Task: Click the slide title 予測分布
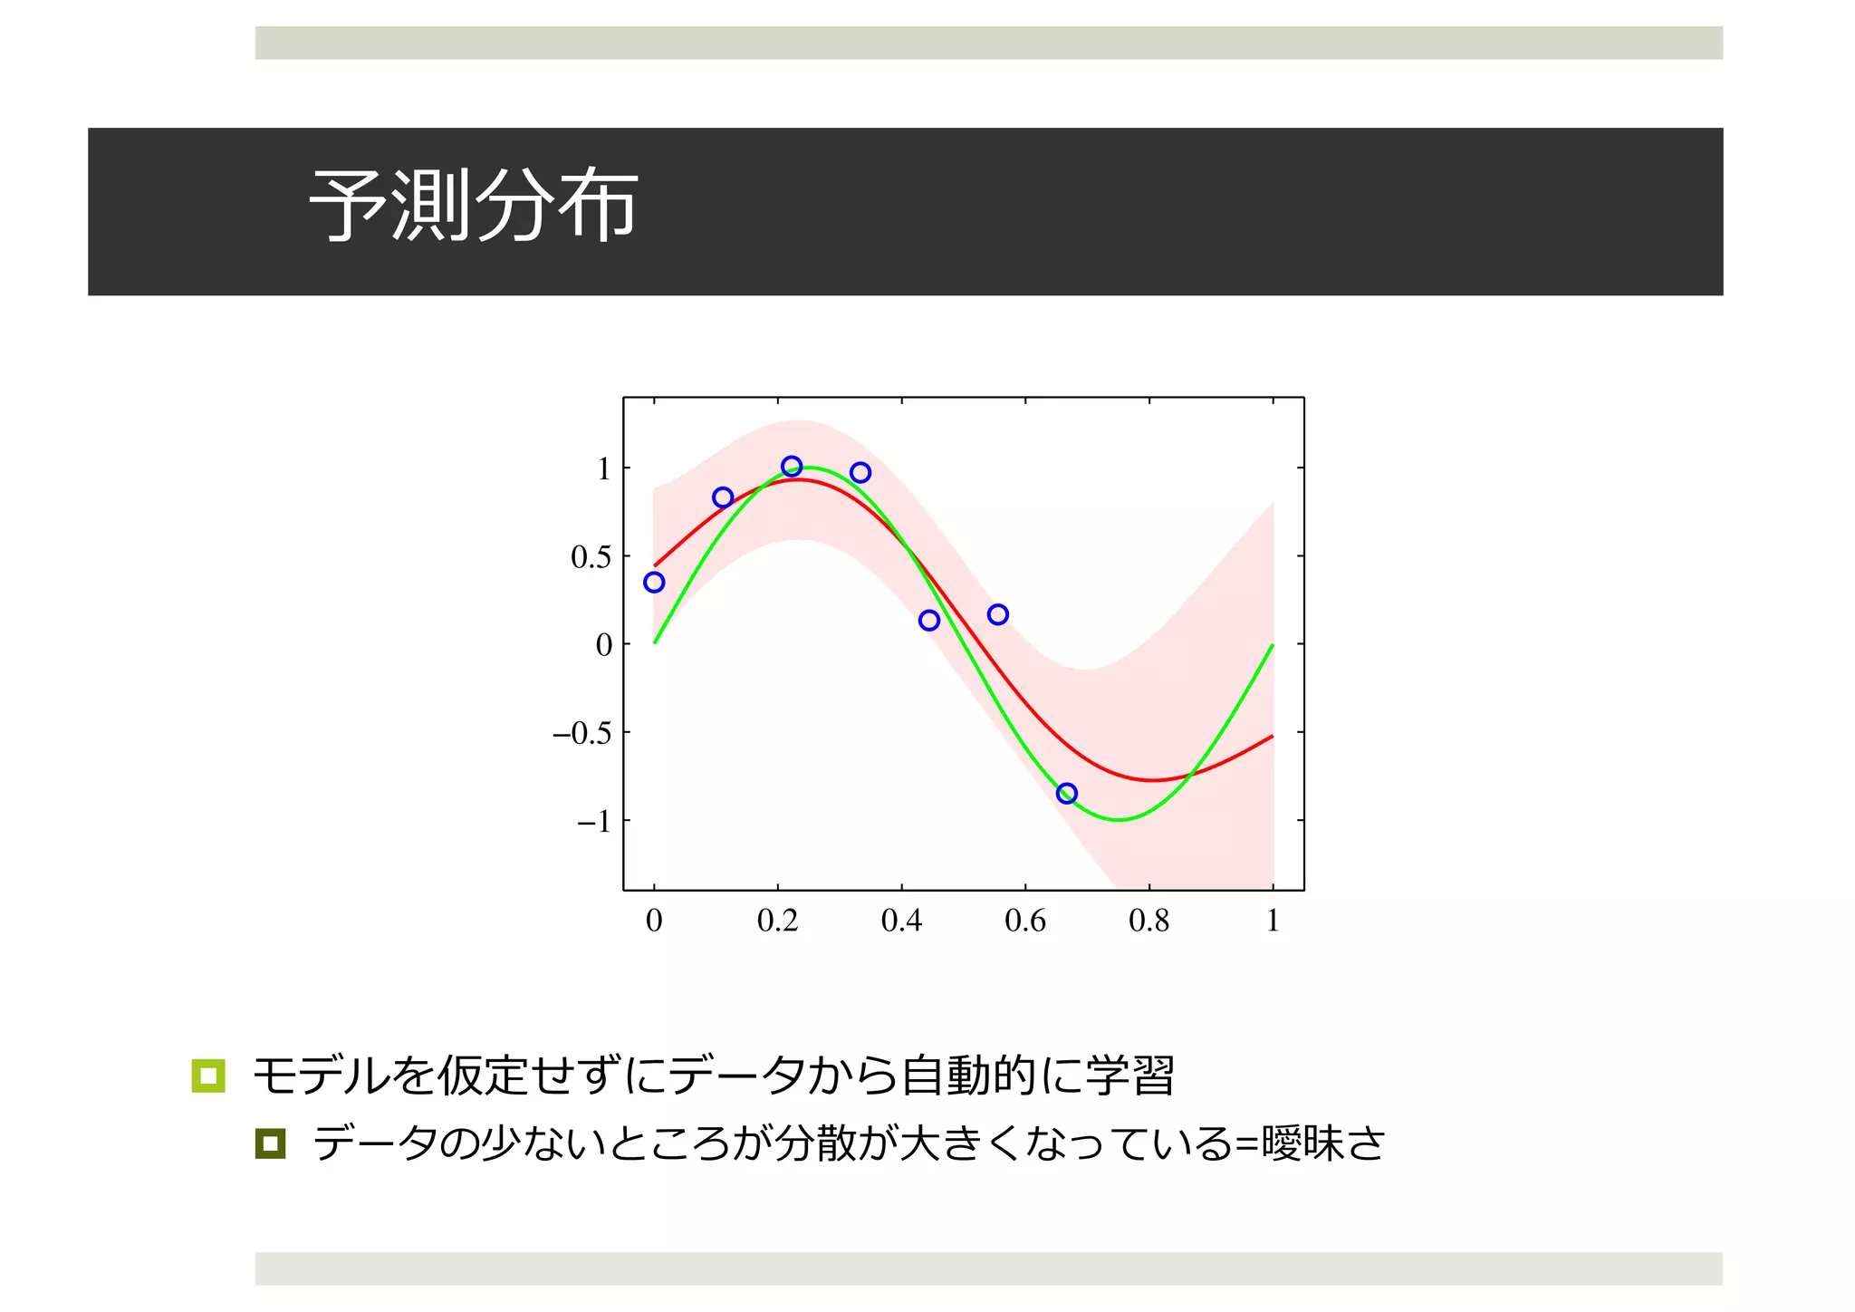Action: pos(473,207)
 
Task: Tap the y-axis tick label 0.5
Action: pos(591,557)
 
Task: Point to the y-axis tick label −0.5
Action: pos(582,733)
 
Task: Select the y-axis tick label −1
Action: pos(594,822)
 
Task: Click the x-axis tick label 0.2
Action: pos(777,921)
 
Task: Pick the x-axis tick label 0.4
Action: pos(901,921)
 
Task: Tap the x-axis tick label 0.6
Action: pos(1025,921)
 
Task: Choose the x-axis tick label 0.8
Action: pos(1149,921)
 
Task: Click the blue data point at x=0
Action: pos(654,583)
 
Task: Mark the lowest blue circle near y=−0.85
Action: pos(1067,794)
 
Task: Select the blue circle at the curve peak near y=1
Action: pos(792,467)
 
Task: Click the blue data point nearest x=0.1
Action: pos(723,497)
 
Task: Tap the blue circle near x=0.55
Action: pos(998,614)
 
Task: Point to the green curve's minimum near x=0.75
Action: pos(1120,820)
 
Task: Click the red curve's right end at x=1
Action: pos(1272,737)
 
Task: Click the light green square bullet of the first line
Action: pos(208,1076)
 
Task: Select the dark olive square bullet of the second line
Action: pos(270,1143)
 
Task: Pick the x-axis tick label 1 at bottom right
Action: pos(1273,921)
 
